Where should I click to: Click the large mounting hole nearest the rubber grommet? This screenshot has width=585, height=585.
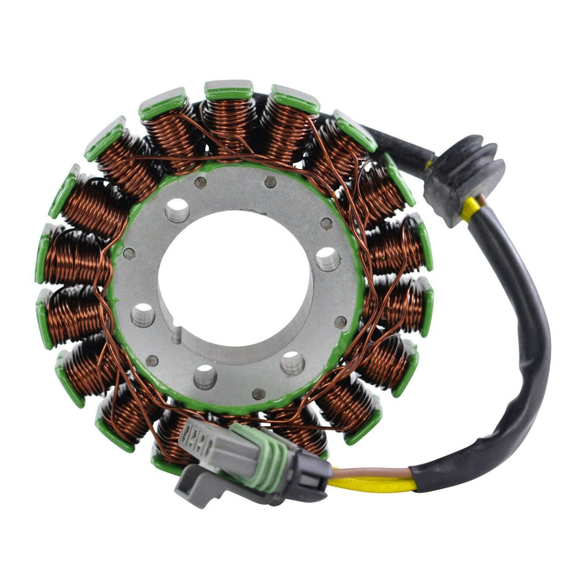(327, 256)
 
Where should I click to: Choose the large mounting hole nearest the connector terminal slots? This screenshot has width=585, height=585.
(205, 374)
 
